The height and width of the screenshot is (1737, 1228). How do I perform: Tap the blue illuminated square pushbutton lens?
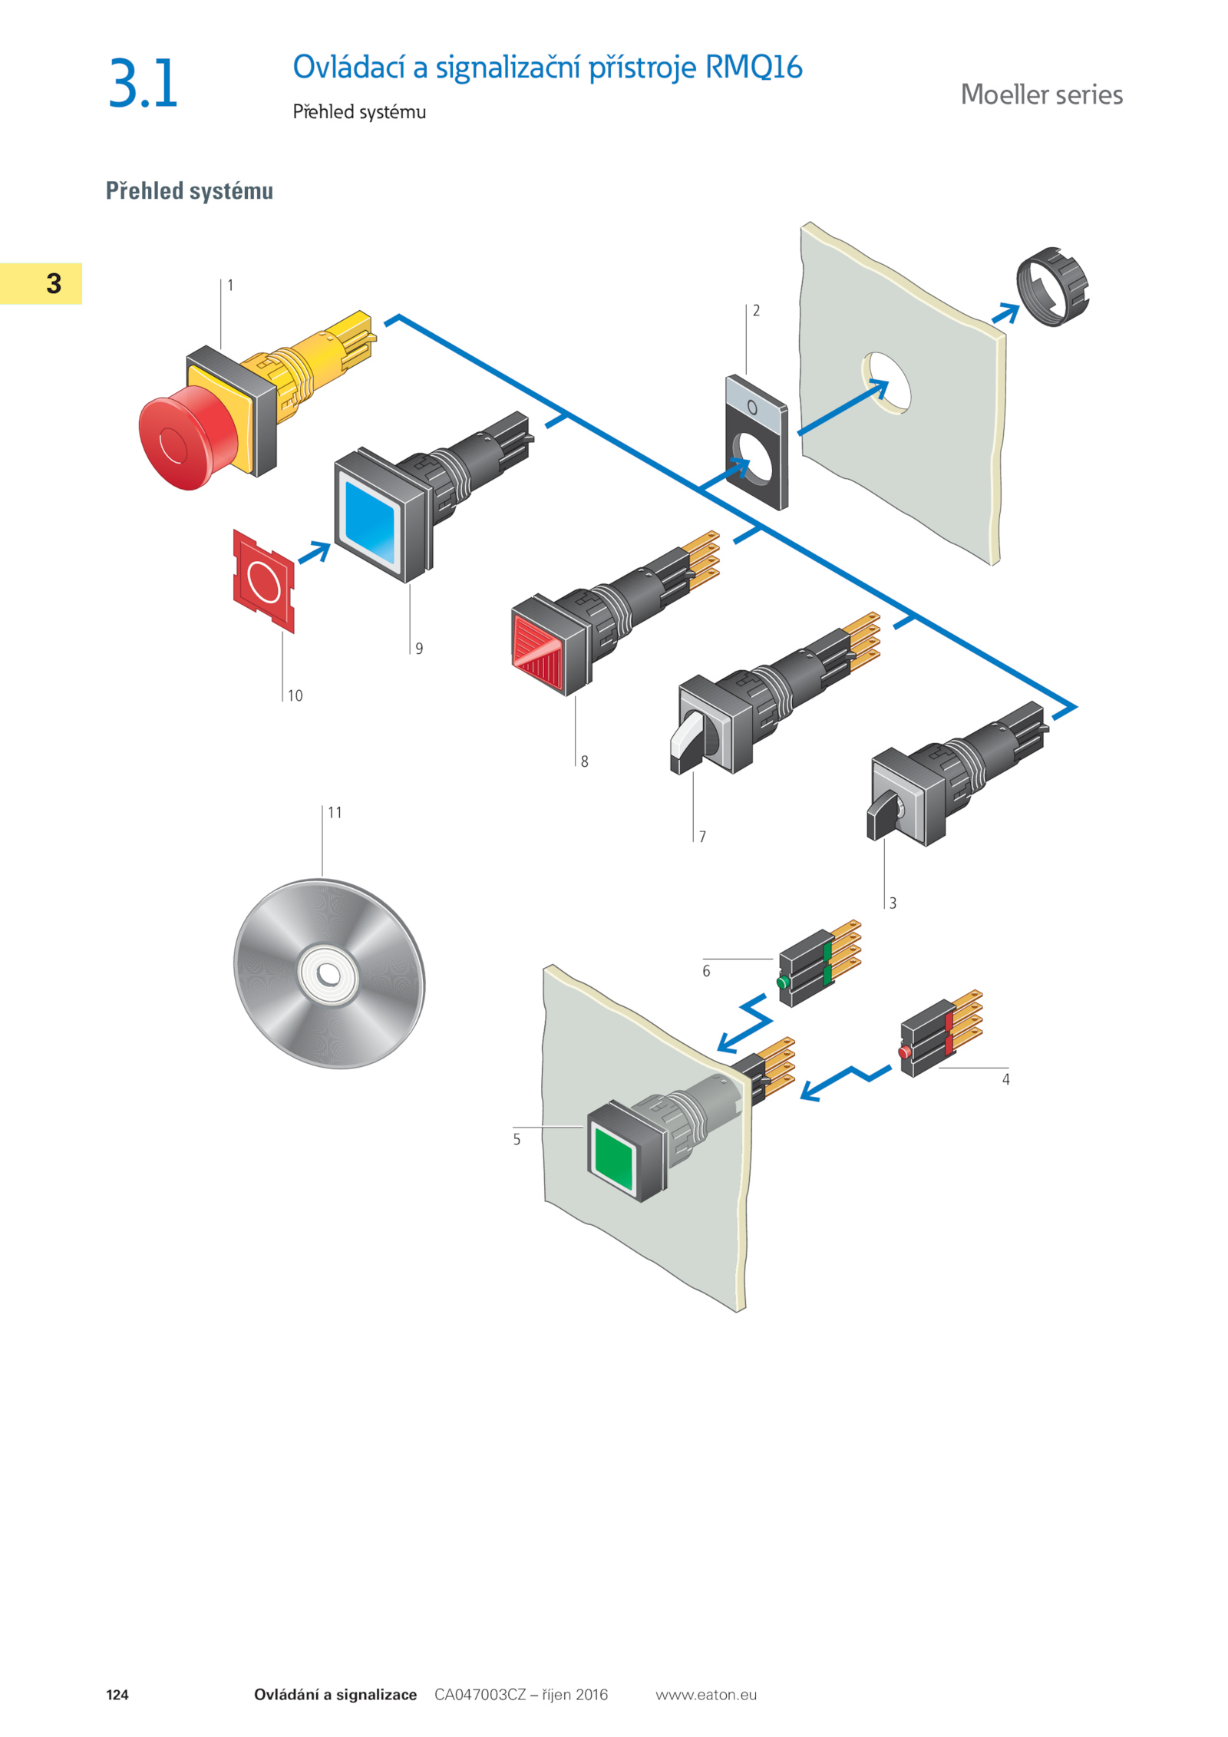coord(371,522)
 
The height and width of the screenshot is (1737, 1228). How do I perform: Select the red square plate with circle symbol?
coord(263,581)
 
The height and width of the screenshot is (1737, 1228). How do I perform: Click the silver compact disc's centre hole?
coord(329,974)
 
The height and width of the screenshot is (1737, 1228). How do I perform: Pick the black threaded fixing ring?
coord(1052,287)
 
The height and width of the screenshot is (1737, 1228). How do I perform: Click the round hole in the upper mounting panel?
coord(886,382)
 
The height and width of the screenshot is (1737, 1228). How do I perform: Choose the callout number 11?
coord(335,812)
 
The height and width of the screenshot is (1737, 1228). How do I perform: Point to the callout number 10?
coord(295,695)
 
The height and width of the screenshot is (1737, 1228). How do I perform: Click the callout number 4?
coord(1005,1079)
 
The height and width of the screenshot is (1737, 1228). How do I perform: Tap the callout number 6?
coord(706,971)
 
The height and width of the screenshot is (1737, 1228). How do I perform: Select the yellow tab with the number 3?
coord(41,283)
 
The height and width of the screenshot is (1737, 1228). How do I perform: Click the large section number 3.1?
coord(144,83)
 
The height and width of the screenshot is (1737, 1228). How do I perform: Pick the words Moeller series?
coord(1041,94)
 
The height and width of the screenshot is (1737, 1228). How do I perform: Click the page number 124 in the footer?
coord(117,1695)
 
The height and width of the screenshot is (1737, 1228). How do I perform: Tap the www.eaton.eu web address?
coord(706,1695)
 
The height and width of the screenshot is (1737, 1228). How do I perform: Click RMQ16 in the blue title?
coord(754,68)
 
